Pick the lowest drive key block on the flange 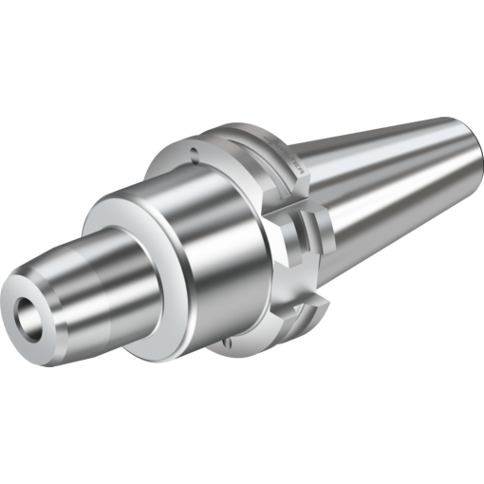tap(304, 313)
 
